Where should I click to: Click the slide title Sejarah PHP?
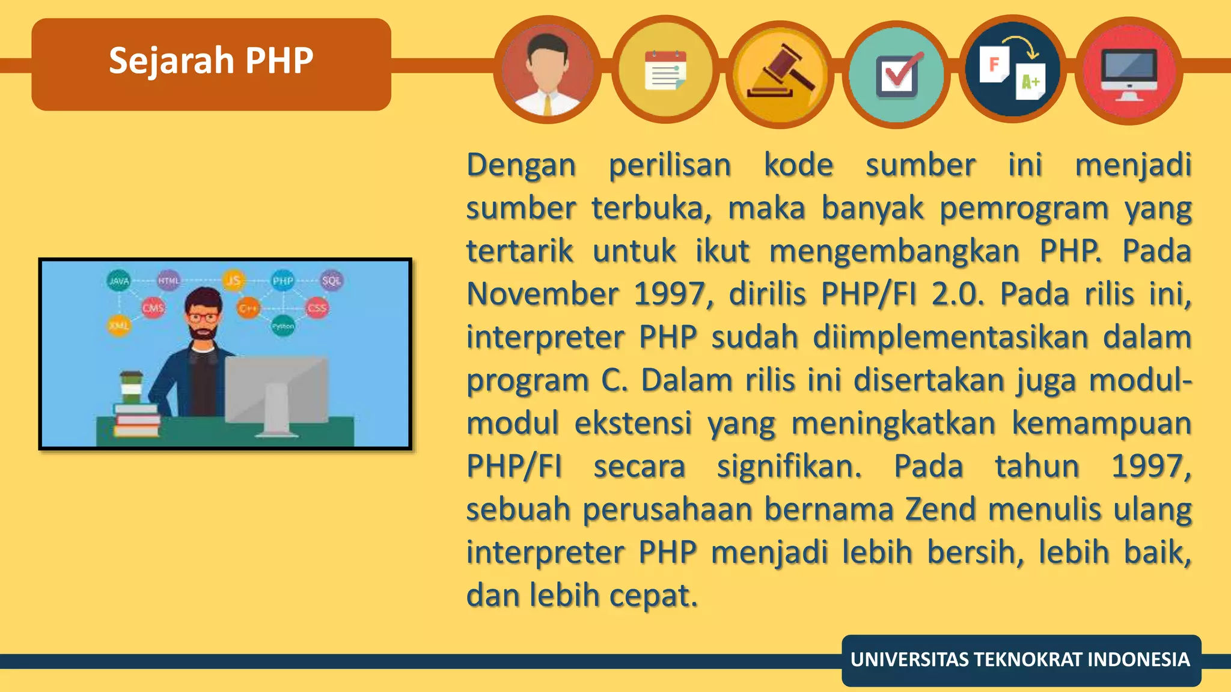click(211, 61)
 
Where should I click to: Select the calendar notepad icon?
click(665, 71)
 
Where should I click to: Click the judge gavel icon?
click(780, 73)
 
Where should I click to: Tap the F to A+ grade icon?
click(1013, 71)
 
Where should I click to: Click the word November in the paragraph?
click(542, 294)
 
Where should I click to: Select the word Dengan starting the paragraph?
click(521, 166)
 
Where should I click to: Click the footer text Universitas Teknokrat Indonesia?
click(1020, 660)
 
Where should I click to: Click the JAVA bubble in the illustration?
click(119, 281)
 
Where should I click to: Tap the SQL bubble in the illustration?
click(331, 281)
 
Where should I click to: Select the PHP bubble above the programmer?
click(283, 281)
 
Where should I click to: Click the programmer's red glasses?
click(203, 317)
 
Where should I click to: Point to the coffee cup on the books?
click(131, 387)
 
